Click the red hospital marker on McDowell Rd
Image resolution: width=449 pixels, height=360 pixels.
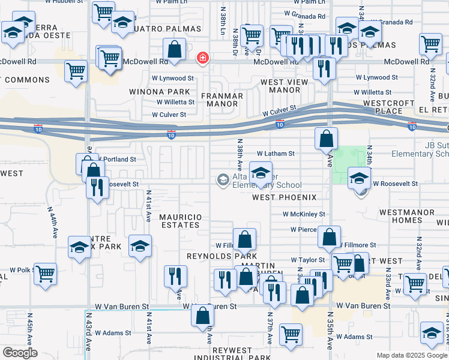(x=203, y=58)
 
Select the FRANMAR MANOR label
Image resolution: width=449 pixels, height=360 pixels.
(x=221, y=100)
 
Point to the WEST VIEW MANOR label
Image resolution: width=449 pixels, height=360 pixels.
(x=280, y=86)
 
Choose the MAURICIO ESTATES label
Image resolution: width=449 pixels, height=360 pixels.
(x=178, y=220)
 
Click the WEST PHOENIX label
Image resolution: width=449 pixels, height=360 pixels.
(x=284, y=197)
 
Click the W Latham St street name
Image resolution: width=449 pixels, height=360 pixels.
(x=276, y=154)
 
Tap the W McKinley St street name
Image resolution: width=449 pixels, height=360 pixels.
(x=304, y=214)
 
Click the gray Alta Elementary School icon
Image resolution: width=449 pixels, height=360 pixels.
(x=223, y=179)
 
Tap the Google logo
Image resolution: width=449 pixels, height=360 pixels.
(x=20, y=353)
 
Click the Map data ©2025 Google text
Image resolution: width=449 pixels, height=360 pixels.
(x=412, y=355)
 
